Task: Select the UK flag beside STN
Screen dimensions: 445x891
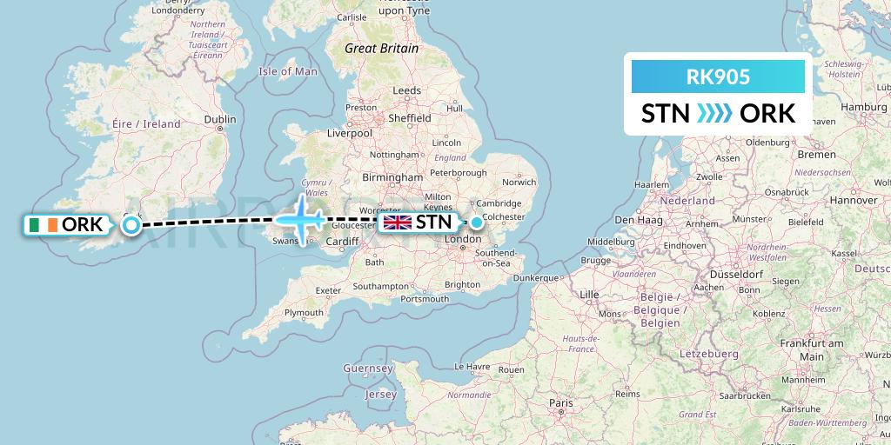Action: (x=398, y=222)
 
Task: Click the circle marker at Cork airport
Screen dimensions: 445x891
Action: (x=131, y=226)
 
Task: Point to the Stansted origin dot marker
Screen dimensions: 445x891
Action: (x=477, y=222)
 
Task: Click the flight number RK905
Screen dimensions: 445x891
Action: (x=718, y=77)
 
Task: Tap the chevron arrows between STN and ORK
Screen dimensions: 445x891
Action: (x=715, y=113)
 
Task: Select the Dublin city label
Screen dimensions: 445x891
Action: (x=219, y=120)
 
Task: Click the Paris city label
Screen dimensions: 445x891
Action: (x=560, y=403)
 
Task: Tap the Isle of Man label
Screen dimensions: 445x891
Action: (x=288, y=71)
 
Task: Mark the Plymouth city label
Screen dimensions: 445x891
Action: (x=304, y=312)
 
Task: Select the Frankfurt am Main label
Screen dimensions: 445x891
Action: (x=812, y=349)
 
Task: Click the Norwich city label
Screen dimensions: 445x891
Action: (x=519, y=182)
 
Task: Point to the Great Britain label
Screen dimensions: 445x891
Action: (x=381, y=49)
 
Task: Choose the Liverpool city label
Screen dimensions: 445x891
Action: (x=350, y=133)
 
